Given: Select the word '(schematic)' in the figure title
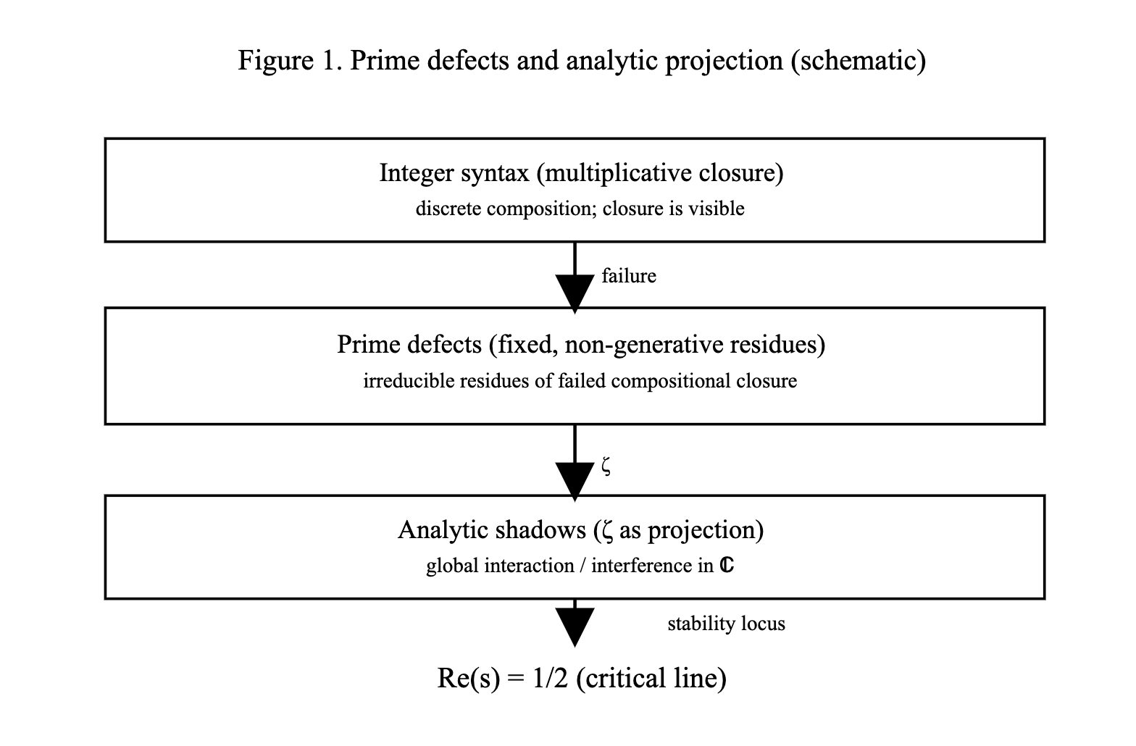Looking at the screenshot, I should tap(858, 60).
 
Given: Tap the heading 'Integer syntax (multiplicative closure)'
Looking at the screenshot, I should tap(581, 173).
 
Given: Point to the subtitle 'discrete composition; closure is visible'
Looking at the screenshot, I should tap(580, 209).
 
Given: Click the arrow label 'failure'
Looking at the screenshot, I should tap(628, 276).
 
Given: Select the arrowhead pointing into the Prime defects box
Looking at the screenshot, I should tap(575, 293).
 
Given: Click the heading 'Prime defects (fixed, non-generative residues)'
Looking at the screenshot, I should tap(581, 343).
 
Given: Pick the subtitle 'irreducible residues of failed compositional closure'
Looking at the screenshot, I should tap(580, 381).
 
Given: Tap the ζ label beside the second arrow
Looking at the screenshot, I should tap(606, 467).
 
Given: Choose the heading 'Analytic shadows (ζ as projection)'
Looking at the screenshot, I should tap(580, 530).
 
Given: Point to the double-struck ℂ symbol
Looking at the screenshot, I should tap(727, 566).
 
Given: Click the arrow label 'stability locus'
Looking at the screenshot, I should tap(726, 624).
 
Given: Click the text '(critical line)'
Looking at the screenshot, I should tap(651, 679).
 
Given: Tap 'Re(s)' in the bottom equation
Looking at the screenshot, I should tap(469, 679).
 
